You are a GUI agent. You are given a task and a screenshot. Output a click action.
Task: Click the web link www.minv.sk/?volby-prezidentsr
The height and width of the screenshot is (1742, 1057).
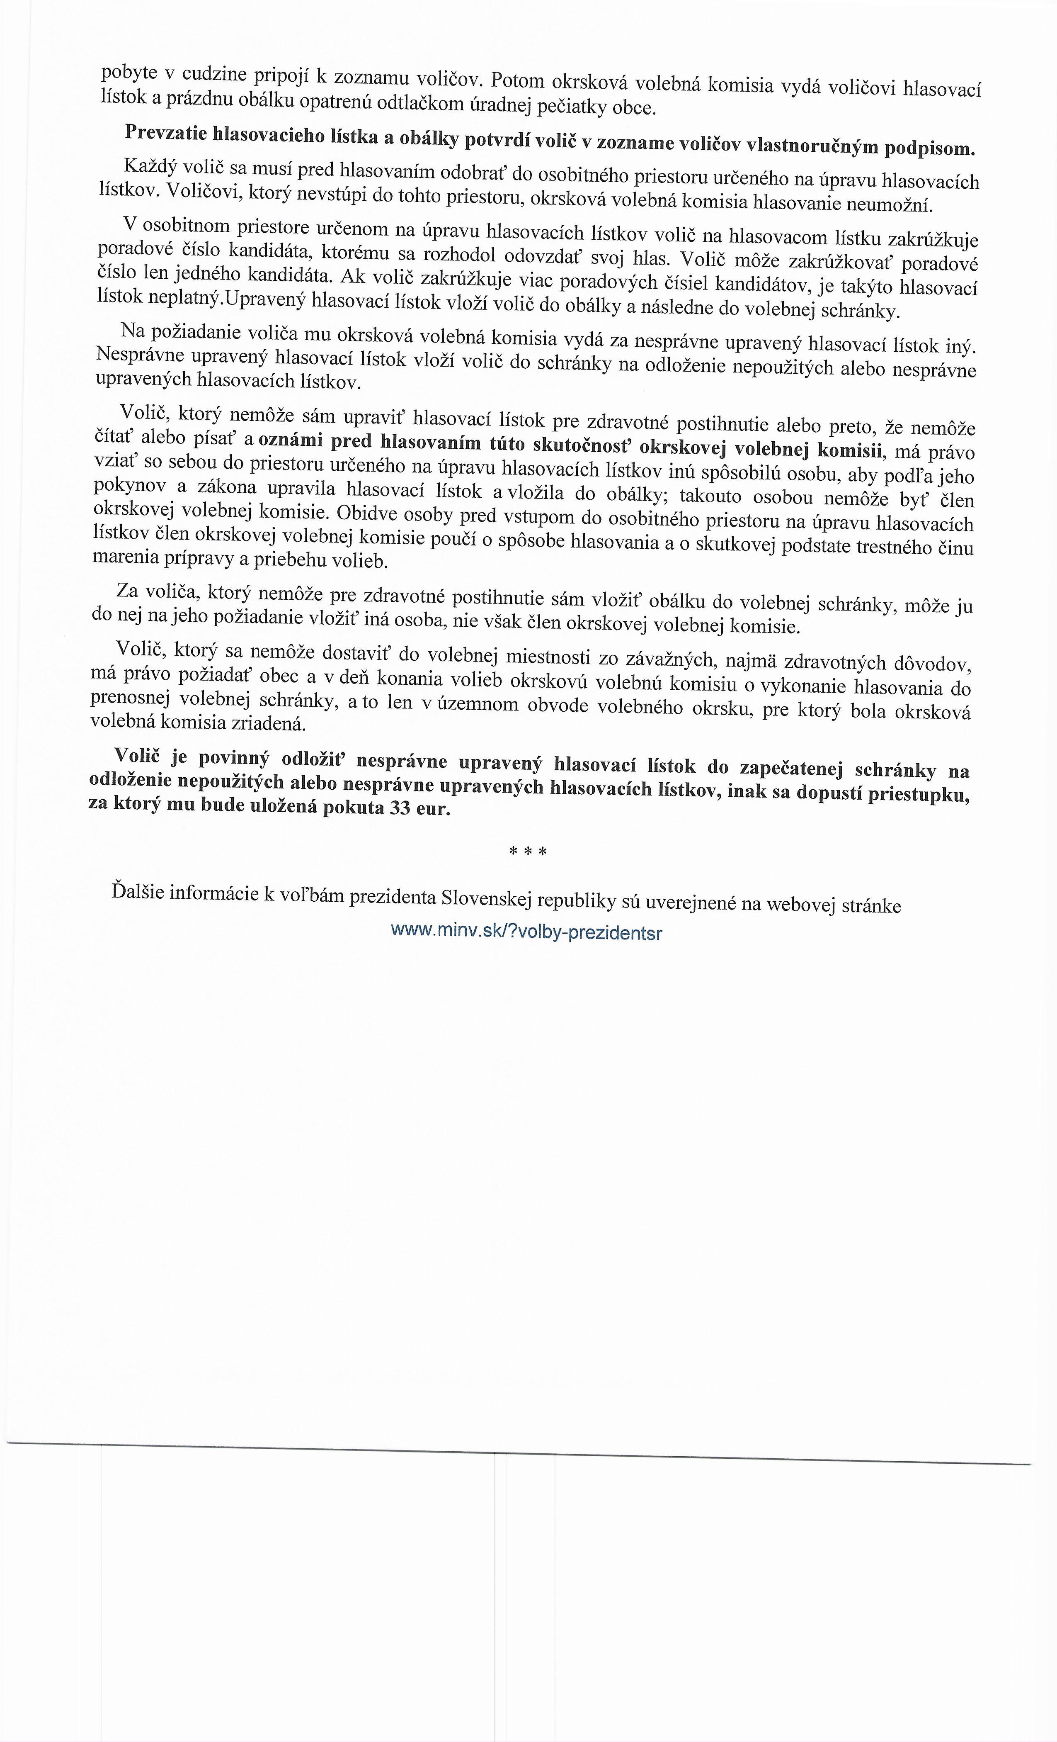tap(526, 931)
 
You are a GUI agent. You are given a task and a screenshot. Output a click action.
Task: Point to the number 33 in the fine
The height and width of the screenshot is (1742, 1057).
tap(399, 808)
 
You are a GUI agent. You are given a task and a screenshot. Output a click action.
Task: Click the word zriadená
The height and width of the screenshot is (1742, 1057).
tap(272, 723)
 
